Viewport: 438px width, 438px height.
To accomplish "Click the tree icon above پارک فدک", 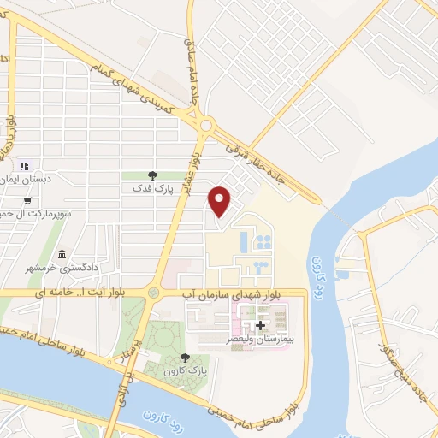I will click(x=152, y=175).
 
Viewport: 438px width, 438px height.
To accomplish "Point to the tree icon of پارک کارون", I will click(x=185, y=358).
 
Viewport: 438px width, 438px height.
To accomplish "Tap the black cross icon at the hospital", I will click(x=260, y=325).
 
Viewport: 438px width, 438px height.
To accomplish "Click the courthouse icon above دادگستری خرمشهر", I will click(x=62, y=254).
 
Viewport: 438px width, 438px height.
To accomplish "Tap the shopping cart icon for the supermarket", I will click(x=28, y=200).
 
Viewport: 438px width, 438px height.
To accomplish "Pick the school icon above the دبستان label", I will click(x=24, y=165).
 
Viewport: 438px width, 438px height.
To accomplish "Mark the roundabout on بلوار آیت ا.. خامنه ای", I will click(x=153, y=293).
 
